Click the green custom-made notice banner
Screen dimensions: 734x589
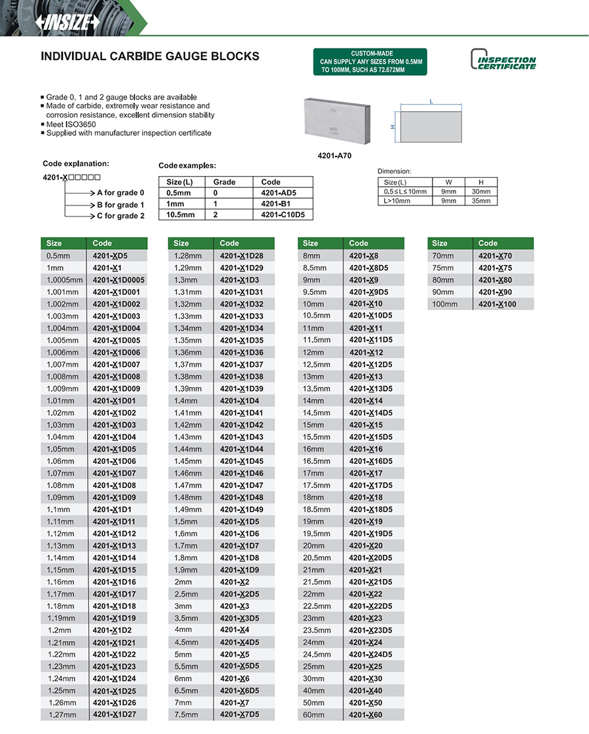point(370,61)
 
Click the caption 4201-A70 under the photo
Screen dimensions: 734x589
point(334,156)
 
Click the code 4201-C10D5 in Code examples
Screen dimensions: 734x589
point(283,215)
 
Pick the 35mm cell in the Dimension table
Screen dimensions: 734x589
point(480,201)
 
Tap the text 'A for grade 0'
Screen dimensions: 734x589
point(120,193)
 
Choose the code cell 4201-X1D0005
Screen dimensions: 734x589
point(118,280)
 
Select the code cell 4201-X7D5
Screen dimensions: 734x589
point(240,714)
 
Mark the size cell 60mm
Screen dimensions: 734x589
point(314,715)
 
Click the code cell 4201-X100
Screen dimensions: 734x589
point(497,304)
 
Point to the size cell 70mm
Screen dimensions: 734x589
point(443,256)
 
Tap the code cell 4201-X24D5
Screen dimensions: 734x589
point(370,654)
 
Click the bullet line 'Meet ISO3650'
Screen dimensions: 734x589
point(72,124)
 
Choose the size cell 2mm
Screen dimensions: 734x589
point(183,582)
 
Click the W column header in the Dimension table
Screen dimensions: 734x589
point(448,183)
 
